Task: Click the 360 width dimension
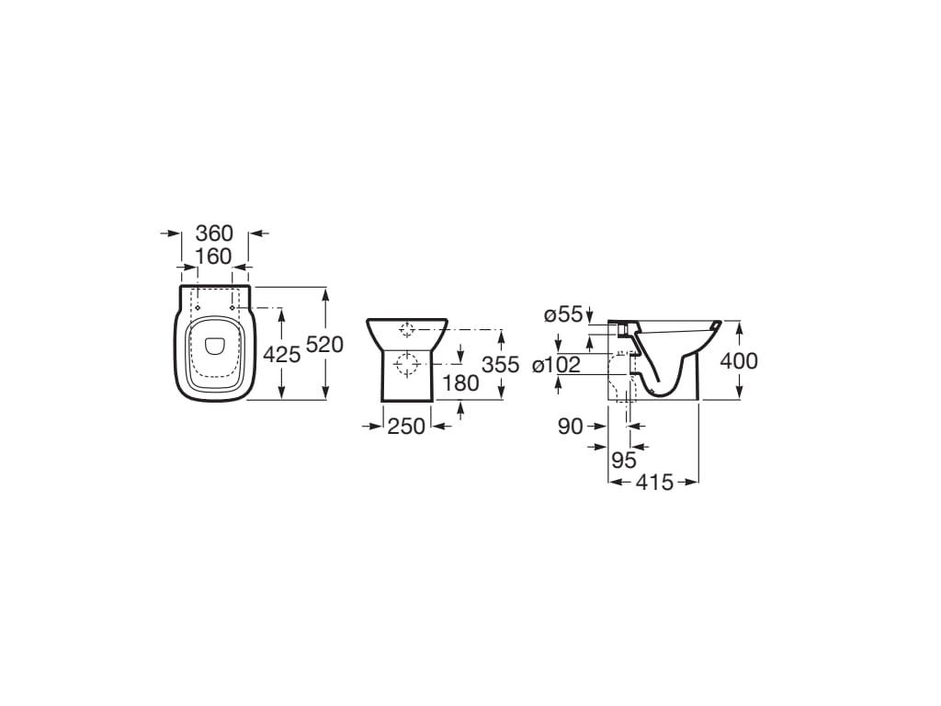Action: point(214,233)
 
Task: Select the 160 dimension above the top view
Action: point(214,256)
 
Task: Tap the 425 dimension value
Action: point(282,354)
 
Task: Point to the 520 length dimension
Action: point(324,345)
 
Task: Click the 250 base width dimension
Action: point(406,426)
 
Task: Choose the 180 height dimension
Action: point(460,382)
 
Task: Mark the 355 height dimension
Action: point(501,364)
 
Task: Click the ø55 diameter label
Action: point(562,314)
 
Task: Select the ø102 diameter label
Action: point(556,365)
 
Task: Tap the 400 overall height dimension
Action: point(739,361)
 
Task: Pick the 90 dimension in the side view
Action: point(571,426)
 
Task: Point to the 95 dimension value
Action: point(624,461)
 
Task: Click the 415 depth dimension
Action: point(655,482)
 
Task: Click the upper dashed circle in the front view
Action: point(407,329)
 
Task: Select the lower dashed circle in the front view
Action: point(405,366)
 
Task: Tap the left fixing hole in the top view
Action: point(197,307)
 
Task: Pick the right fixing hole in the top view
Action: point(232,307)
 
